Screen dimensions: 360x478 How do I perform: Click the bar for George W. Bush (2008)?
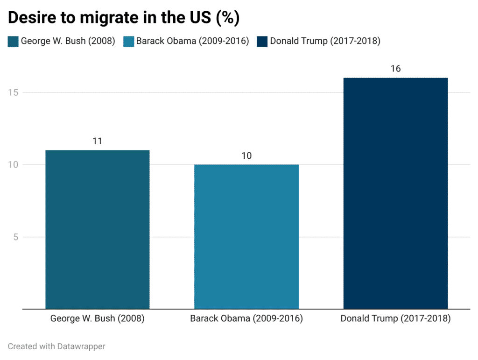[x=97, y=229]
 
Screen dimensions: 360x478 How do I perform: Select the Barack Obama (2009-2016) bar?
[x=246, y=236]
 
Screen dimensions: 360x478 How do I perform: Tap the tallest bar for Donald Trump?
[x=395, y=193]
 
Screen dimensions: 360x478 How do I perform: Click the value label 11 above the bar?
[x=97, y=141]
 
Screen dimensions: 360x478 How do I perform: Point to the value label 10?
[x=246, y=155]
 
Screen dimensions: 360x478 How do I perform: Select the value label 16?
[x=395, y=69]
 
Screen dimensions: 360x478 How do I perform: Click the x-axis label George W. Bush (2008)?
[x=97, y=319]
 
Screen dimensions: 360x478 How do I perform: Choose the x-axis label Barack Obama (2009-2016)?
[x=246, y=319]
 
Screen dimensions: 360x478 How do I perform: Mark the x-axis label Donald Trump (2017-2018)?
[x=395, y=319]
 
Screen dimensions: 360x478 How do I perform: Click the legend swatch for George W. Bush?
[x=13, y=41]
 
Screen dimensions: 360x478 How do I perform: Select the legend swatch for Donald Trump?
[x=262, y=41]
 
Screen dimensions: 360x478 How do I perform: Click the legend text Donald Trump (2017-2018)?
[x=325, y=41]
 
